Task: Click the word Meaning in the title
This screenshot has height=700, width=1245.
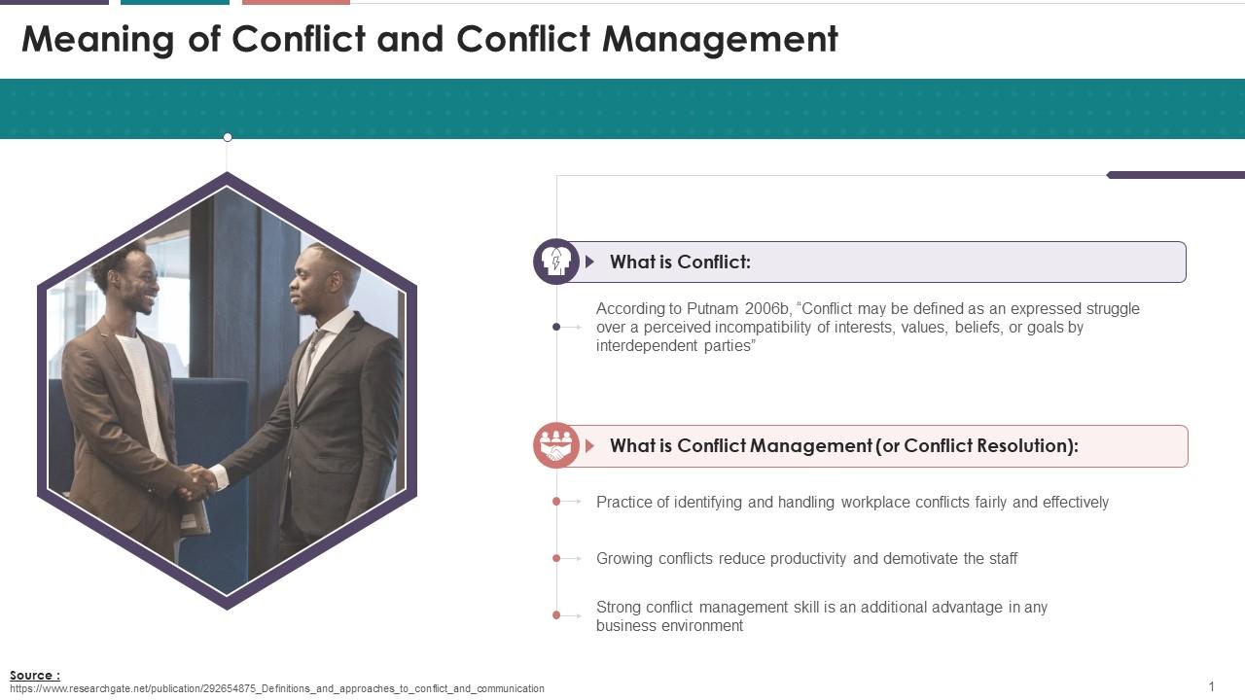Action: (98, 40)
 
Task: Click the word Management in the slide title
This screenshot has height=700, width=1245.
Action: (720, 40)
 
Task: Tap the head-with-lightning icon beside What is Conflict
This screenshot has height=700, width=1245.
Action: (555, 262)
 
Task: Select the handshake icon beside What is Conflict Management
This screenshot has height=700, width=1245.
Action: (555, 445)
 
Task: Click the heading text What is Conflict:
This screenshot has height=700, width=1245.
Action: (680, 262)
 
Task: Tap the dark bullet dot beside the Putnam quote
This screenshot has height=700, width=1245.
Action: (556, 327)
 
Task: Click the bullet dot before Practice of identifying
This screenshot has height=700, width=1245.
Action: (556, 501)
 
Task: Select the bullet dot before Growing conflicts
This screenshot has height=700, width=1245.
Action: (556, 558)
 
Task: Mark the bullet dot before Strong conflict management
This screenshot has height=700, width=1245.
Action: (556, 615)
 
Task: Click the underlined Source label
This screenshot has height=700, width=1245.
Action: (35, 675)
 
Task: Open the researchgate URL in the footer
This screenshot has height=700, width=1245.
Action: (277, 689)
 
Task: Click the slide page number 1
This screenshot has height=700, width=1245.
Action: (1212, 686)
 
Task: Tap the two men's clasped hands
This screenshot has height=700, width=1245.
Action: (199, 481)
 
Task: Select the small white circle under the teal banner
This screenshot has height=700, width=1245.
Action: (228, 137)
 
